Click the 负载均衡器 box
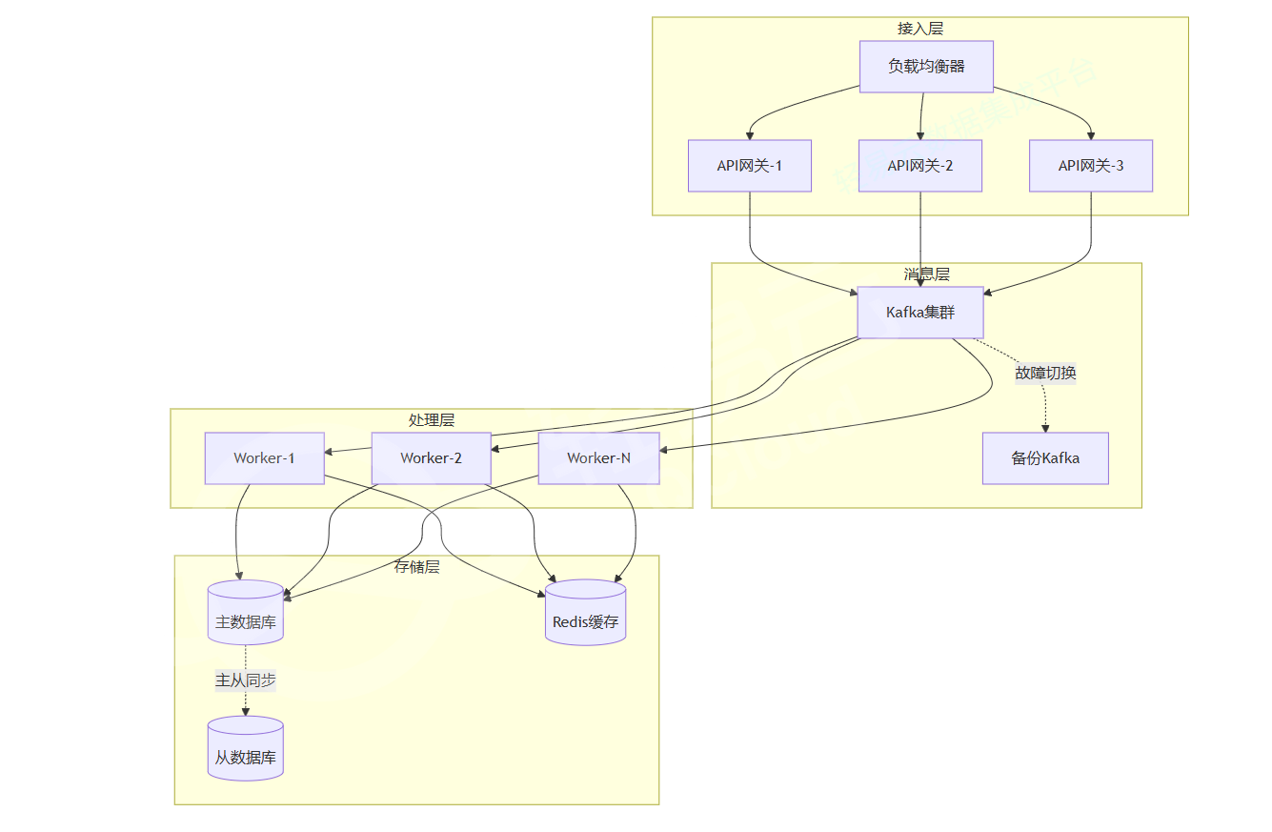(x=926, y=67)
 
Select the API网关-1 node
(x=750, y=166)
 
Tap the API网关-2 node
(x=920, y=166)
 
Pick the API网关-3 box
(x=1091, y=166)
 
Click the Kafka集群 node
(x=920, y=313)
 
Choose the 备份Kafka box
(x=1045, y=458)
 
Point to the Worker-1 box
(x=264, y=458)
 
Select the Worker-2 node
(x=431, y=458)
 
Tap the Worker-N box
(x=598, y=458)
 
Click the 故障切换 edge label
(x=1045, y=373)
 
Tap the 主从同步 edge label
(x=246, y=680)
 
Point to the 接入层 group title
(x=920, y=29)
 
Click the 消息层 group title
(x=926, y=274)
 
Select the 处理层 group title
(x=431, y=420)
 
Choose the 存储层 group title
(x=417, y=567)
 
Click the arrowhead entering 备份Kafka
(x=1045, y=428)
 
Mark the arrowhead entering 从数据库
(x=246, y=712)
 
